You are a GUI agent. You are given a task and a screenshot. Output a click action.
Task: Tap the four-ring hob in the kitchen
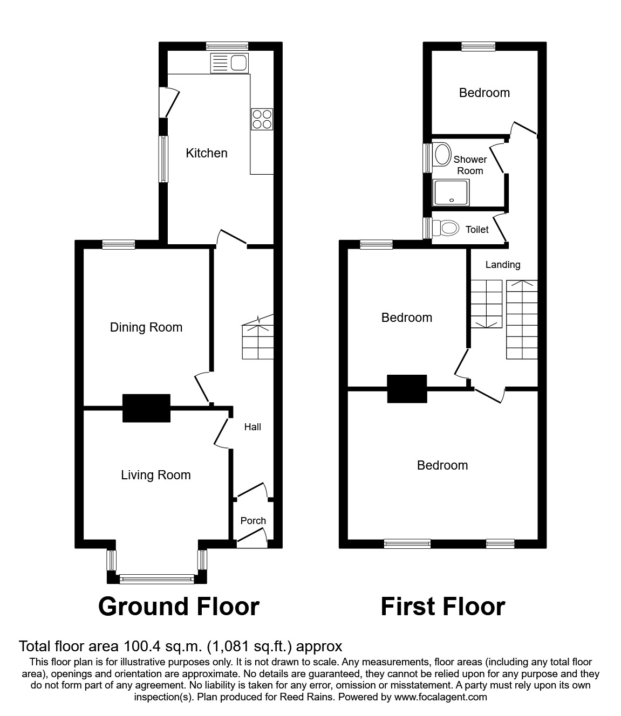tap(262, 119)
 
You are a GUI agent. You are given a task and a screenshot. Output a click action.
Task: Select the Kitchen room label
tap(206, 153)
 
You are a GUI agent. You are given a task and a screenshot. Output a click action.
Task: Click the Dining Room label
tap(146, 327)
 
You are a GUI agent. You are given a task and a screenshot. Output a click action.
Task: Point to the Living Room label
tap(155, 475)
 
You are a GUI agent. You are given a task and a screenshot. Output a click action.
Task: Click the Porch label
tap(253, 520)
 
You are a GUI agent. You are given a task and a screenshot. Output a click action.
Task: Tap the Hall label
tap(253, 427)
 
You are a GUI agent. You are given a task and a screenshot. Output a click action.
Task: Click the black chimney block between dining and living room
tap(146, 408)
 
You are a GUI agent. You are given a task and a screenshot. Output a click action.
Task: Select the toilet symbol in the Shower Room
tap(442, 154)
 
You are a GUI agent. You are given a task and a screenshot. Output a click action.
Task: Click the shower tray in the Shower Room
tap(452, 193)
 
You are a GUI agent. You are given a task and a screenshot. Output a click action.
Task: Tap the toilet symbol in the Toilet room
tap(447, 229)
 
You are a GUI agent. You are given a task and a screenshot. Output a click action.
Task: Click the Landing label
tap(502, 265)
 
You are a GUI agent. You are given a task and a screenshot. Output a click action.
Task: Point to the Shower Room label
tap(470, 165)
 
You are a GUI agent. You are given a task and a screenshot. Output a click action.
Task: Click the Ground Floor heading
tap(179, 607)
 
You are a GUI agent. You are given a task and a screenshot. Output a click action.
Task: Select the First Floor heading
tap(442, 607)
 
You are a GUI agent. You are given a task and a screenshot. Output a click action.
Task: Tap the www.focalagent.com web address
tap(440, 697)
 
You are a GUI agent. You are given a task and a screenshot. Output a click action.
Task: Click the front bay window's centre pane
tap(156, 579)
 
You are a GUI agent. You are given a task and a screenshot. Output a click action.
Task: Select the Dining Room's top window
tap(119, 244)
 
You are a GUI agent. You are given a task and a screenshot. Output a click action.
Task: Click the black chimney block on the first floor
tap(407, 388)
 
